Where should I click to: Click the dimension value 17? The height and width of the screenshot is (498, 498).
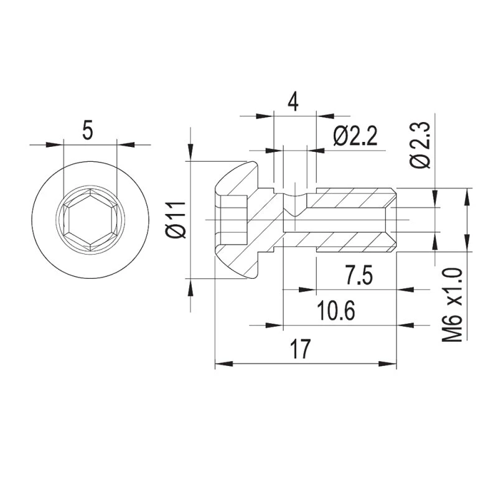click(299, 350)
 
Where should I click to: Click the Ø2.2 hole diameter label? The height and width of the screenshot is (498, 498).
click(355, 136)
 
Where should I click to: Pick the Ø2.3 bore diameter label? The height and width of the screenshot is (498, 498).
click(421, 144)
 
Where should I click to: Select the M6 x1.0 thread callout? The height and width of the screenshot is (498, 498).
click(454, 304)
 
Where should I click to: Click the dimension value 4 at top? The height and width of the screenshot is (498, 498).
click(294, 101)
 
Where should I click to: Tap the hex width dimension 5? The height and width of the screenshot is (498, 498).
click(88, 131)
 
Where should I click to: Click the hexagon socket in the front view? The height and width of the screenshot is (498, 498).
click(90, 220)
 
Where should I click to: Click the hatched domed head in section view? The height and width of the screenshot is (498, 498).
click(240, 181)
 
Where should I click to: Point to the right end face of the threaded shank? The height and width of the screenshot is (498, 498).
click(395, 220)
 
